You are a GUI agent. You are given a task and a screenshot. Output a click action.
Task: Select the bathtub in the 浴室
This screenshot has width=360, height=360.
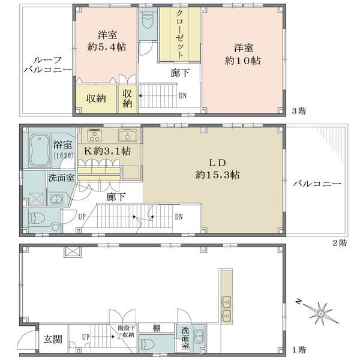coord(40,151)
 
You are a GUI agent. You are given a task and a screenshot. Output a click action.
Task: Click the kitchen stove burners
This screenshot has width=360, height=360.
coord(94,136)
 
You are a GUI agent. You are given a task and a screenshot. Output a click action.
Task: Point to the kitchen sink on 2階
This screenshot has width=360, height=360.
coord(128,135)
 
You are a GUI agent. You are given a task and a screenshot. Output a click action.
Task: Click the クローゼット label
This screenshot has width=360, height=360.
coord(180,34)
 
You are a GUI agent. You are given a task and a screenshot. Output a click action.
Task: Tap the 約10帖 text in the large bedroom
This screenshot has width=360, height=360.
coord(242,61)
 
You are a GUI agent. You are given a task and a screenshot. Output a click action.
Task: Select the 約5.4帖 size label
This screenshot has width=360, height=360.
coord(107,47)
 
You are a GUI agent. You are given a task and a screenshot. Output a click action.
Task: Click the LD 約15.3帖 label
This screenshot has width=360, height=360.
coord(218,169)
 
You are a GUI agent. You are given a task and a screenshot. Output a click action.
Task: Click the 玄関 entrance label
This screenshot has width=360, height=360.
coord(53,339)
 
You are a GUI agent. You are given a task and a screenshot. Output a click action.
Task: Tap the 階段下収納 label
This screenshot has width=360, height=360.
coord(126,332)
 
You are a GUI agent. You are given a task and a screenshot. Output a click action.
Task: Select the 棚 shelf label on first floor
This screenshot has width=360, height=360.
coord(157,328)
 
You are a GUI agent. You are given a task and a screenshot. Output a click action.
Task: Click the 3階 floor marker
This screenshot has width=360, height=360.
coord(299,111)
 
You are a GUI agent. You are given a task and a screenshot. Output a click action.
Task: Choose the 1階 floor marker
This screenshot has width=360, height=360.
coord(299,350)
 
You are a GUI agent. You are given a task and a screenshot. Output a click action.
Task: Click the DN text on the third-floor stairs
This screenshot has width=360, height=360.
coord(183,96)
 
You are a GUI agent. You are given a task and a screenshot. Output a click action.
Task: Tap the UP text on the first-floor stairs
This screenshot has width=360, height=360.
coord(86,337)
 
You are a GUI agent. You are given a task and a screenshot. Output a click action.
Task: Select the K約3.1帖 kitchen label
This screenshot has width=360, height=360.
coord(107,151)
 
